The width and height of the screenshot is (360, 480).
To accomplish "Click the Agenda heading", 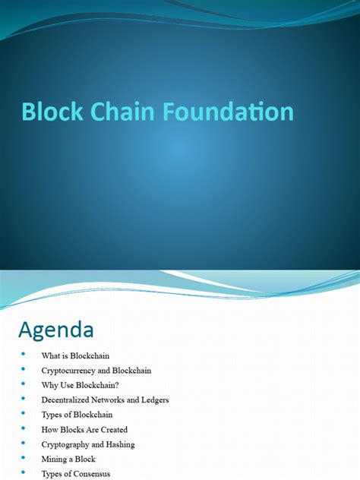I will (x=56, y=330).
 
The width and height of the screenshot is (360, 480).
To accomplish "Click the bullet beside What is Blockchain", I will (x=24, y=354).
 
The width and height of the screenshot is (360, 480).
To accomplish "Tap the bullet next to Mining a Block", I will (x=24, y=458).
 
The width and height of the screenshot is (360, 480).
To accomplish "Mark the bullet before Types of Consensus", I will (x=24, y=472).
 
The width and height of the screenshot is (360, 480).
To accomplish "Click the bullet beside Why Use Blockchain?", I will (x=24, y=384).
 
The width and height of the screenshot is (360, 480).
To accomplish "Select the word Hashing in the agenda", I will (x=119, y=444).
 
